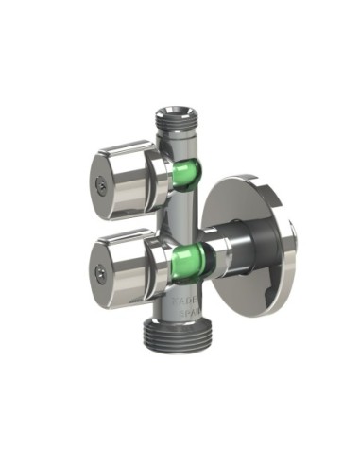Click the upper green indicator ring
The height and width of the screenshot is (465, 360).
tap(186, 174)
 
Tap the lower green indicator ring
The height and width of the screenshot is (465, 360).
tap(189, 257)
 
